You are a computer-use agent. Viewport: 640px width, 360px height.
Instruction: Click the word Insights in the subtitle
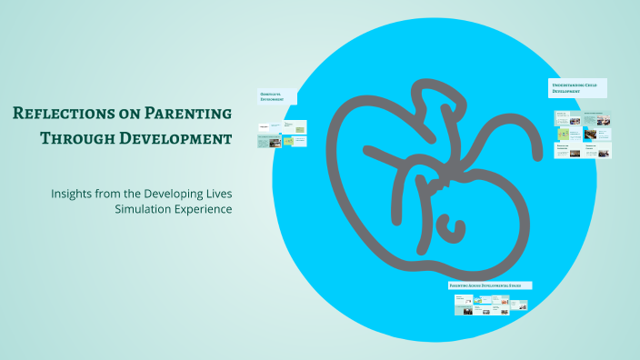point(75,193)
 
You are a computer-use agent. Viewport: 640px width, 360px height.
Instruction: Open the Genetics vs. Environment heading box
point(276,96)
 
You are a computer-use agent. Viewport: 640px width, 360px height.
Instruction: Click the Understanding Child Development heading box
point(577,88)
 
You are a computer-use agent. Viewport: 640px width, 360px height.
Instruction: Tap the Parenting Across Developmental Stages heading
point(490,285)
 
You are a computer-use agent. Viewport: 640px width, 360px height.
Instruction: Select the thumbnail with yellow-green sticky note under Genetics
point(289,141)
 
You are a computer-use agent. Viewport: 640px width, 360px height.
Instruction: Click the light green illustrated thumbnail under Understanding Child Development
point(562,134)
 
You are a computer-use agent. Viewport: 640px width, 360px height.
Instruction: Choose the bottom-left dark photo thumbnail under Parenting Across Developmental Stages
point(466,311)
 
